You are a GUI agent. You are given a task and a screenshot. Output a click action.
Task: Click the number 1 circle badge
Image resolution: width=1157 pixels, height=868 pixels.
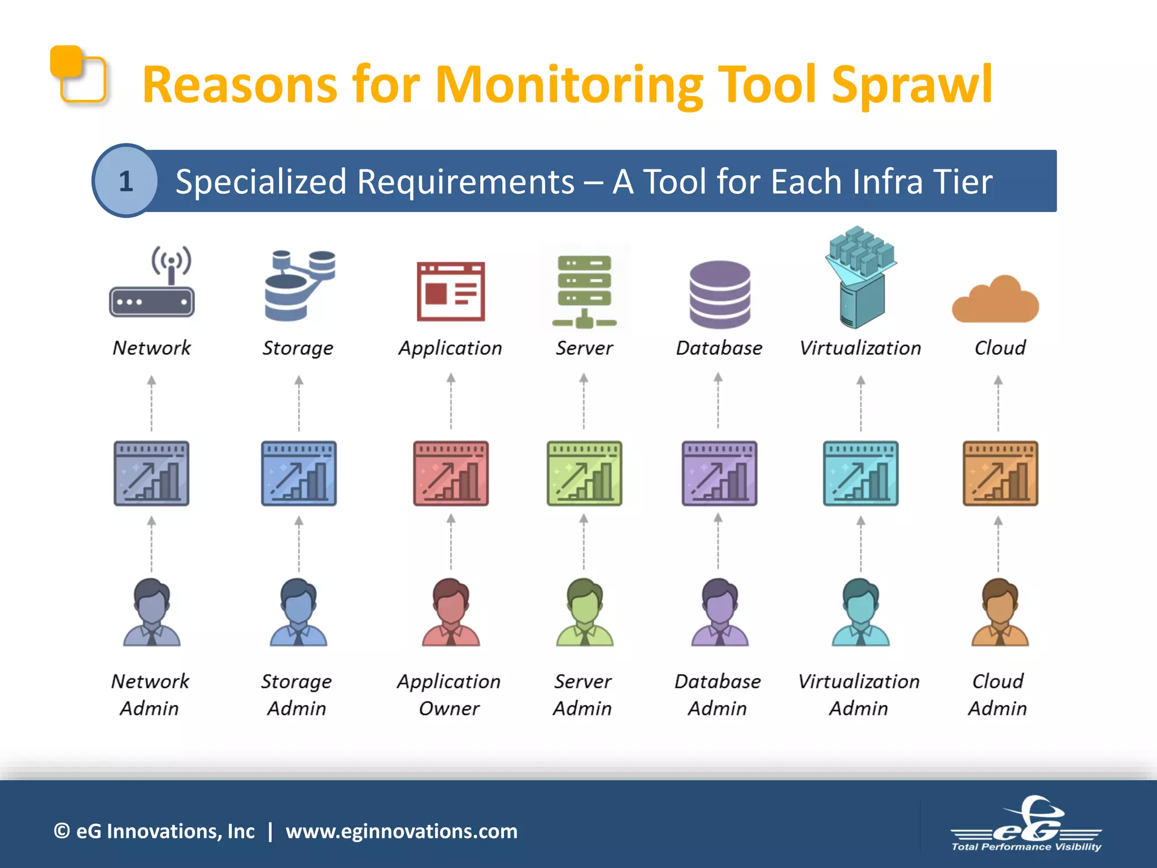click(x=125, y=181)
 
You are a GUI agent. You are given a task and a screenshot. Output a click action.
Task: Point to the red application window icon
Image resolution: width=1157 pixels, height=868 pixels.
click(x=451, y=292)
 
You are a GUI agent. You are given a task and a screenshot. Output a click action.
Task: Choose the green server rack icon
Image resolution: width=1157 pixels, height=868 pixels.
click(x=584, y=290)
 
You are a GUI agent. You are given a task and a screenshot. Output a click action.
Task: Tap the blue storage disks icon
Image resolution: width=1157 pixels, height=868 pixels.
click(x=299, y=285)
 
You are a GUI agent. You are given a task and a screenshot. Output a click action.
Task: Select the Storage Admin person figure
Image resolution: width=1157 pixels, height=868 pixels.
click(x=299, y=613)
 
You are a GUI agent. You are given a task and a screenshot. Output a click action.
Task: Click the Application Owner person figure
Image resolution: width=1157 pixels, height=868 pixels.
click(x=451, y=613)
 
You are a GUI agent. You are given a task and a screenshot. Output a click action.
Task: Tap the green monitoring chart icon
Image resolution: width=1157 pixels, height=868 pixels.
click(x=584, y=474)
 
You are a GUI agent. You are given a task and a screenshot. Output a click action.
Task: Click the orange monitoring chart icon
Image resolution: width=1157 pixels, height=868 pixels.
click(x=1000, y=474)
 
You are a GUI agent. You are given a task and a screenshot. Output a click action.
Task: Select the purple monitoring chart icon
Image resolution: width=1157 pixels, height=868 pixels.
click(x=719, y=474)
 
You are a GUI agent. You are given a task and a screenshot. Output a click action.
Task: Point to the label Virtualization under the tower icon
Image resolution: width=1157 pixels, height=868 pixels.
click(x=860, y=348)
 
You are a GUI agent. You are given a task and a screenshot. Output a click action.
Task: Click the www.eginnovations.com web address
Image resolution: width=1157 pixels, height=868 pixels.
click(x=401, y=831)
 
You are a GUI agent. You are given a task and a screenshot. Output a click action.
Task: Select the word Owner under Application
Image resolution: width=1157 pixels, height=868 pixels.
click(x=449, y=709)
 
